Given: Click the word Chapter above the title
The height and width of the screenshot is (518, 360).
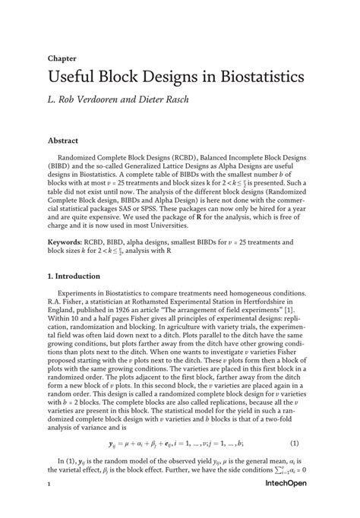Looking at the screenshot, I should (60, 57).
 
